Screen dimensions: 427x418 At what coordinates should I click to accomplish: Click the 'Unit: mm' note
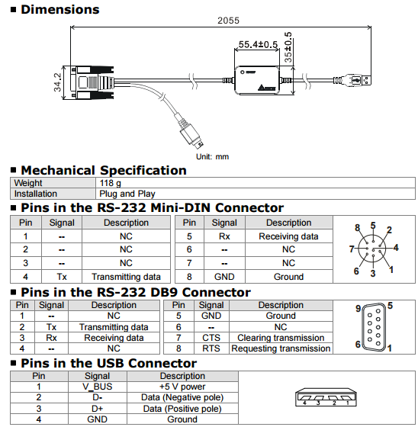[212, 156]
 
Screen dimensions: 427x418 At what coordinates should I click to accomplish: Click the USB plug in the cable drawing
[357, 79]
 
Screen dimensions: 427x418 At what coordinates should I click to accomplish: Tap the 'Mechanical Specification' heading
[103, 170]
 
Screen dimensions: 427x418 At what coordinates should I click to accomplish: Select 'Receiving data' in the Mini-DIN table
[288, 236]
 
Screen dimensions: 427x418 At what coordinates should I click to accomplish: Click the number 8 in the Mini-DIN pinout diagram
[357, 228]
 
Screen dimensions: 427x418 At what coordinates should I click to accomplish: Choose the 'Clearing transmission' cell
[281, 338]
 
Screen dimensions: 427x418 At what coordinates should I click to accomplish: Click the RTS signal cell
[211, 348]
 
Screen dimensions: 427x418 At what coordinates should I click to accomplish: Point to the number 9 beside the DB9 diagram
[358, 308]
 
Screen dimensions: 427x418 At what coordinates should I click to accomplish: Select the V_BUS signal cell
[97, 386]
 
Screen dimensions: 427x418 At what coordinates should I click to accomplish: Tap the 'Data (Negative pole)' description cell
[182, 396]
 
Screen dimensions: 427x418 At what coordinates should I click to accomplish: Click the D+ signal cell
[97, 408]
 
